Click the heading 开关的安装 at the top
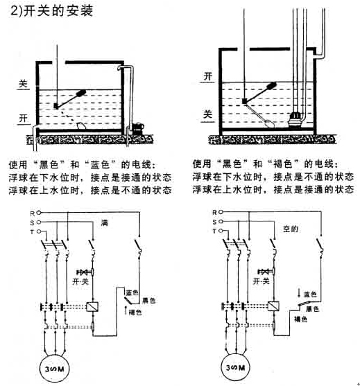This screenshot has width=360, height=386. [58, 10]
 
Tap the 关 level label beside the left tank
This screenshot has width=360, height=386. [23, 84]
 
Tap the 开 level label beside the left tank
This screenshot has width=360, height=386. [24, 119]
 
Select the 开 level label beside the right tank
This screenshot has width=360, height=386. [207, 76]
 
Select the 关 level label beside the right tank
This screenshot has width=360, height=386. [207, 114]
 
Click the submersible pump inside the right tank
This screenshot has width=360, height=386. [295, 119]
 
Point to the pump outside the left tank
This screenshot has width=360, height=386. [137, 128]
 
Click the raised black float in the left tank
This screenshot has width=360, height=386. [81, 93]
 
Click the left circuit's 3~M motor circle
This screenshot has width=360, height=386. [55, 369]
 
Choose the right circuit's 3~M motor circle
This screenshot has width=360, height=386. [236, 367]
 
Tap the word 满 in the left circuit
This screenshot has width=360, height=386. [105, 223]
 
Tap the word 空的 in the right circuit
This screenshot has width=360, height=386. [291, 229]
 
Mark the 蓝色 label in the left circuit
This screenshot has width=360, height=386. [132, 292]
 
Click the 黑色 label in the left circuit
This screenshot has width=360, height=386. [149, 301]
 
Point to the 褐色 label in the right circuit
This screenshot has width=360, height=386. [300, 319]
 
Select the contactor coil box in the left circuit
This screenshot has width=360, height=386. [92, 307]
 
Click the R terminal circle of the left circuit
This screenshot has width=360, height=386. [38, 213]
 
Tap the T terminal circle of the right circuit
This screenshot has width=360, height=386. [221, 231]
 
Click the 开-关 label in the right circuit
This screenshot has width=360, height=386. [262, 281]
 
